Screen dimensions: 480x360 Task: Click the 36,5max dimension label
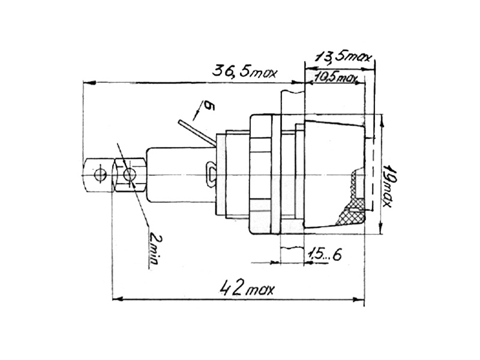point(245,72)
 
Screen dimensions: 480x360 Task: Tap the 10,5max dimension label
point(335,78)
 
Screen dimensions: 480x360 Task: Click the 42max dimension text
point(247,289)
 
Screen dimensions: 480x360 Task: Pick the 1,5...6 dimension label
point(325,254)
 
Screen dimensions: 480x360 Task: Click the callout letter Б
point(209,106)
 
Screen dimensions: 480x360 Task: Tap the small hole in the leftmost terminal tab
point(100,175)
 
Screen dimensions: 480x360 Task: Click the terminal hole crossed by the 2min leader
point(129,175)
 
